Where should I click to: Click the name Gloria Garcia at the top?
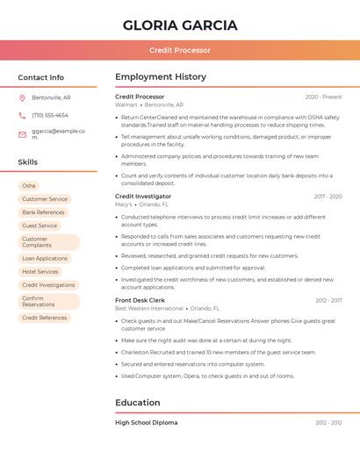click(180, 25)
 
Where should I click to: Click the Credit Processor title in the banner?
click(180, 50)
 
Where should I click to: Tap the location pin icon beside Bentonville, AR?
click(22, 97)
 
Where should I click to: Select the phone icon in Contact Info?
click(22, 115)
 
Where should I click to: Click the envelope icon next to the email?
click(22, 134)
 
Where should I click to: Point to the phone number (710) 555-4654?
click(50, 115)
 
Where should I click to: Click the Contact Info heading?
click(41, 77)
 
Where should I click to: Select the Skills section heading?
click(28, 162)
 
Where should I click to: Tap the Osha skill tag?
click(29, 186)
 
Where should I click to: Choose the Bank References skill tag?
click(43, 212)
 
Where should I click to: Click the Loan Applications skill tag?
click(45, 259)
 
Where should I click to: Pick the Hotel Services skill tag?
click(40, 272)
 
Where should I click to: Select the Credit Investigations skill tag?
click(48, 285)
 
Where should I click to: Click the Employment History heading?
click(161, 77)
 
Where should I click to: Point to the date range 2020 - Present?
click(323, 97)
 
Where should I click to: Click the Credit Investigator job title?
click(143, 197)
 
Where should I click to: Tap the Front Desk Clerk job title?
click(140, 300)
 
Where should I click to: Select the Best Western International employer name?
click(149, 309)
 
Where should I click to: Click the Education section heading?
click(138, 403)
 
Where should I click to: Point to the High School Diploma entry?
click(146, 423)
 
